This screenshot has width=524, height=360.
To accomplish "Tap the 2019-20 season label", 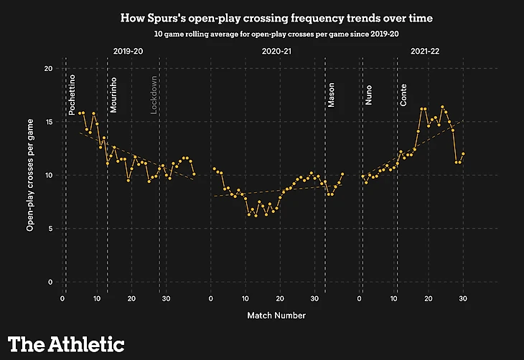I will [x=129, y=51].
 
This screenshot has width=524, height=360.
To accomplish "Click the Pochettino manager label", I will [x=72, y=93].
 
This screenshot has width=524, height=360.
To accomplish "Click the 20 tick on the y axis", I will [x=49, y=68].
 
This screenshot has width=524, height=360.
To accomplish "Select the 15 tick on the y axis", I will [x=49, y=122].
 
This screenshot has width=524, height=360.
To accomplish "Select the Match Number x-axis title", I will [x=276, y=315].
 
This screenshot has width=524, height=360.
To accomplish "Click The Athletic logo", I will [x=66, y=344].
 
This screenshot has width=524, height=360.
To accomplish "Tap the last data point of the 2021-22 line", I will [x=463, y=153].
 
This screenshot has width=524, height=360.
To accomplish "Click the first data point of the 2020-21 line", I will [x=214, y=169].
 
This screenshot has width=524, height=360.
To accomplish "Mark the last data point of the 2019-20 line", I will [x=194, y=174].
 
